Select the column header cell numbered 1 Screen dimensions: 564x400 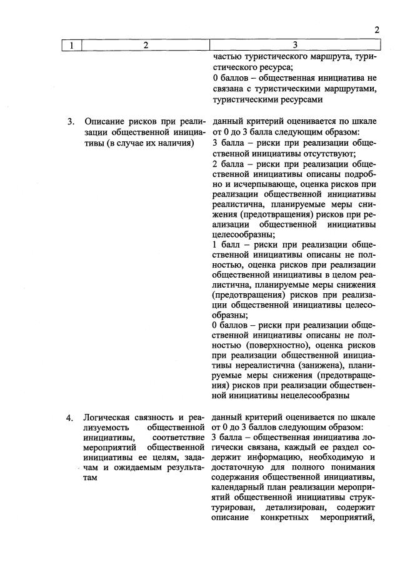click(x=72, y=45)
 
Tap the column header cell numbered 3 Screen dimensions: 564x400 click(x=295, y=45)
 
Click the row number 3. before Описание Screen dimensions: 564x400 click(x=71, y=121)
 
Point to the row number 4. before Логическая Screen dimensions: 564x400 click(x=71, y=418)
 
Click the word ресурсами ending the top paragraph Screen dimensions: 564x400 click(x=299, y=99)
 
